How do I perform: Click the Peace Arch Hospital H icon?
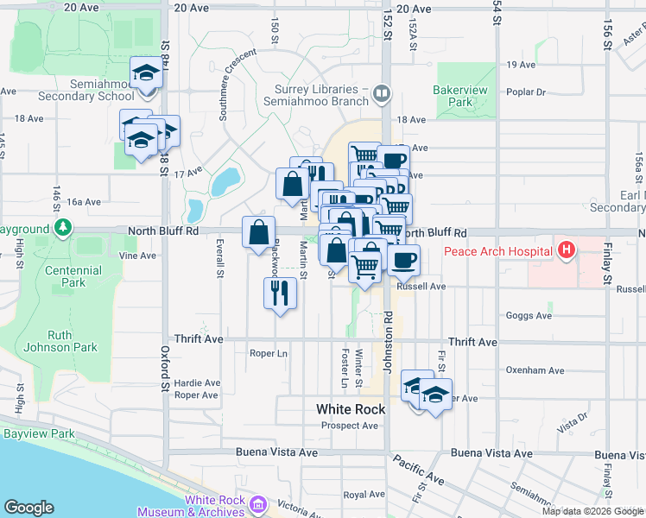coord(567,251)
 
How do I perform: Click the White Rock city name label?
coord(351,409)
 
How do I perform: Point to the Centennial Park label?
coord(74,276)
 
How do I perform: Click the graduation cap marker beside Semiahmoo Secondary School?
coord(147,73)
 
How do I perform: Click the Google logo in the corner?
coord(28,508)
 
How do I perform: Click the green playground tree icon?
coord(62,229)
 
